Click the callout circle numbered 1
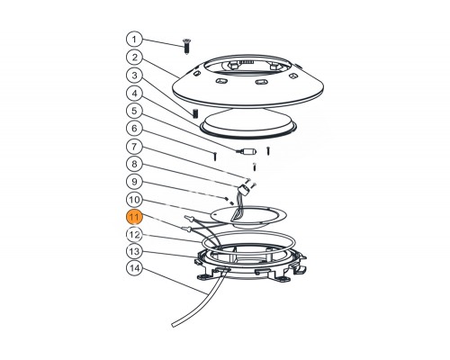134,40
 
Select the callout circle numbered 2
134,58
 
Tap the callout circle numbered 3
134,76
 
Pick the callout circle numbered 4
134,94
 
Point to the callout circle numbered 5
134,111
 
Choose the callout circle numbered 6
134,129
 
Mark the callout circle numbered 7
134,147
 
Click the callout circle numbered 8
134,164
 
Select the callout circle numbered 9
134,182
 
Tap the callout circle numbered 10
134,200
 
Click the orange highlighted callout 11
134,217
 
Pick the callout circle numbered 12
134,235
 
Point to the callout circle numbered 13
134,251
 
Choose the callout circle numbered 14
134,268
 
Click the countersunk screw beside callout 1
186,47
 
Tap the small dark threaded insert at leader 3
195,113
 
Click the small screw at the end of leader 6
215,156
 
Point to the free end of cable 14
174,325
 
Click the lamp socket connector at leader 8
245,190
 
